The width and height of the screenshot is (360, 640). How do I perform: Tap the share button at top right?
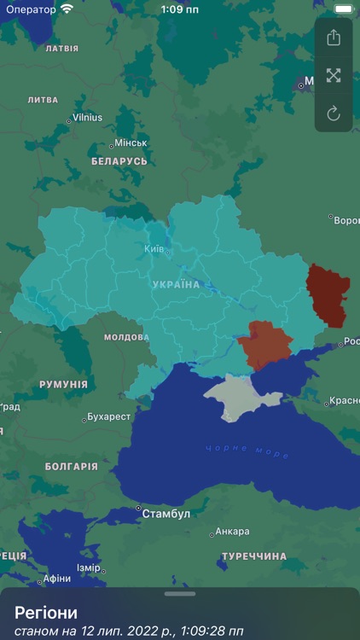point(334,38)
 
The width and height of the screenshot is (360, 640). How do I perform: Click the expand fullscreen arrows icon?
point(334,75)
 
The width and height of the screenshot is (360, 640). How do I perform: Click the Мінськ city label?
point(131,143)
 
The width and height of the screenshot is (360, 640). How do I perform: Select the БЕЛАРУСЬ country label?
point(119,161)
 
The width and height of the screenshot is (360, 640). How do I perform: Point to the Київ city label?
point(154,248)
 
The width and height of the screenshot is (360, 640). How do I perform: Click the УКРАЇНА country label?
point(176,284)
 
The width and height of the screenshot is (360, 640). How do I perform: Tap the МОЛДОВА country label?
point(126,337)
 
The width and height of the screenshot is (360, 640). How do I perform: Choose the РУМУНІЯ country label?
point(63,385)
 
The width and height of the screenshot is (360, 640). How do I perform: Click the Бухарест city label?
point(108,417)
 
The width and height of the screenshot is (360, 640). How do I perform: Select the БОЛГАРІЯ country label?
point(71,467)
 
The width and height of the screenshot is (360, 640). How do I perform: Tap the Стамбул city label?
point(165,514)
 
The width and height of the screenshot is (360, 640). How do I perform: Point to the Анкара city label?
point(231,532)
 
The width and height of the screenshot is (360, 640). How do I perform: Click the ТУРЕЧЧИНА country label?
point(254,556)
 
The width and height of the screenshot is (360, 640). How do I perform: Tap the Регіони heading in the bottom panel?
point(46,612)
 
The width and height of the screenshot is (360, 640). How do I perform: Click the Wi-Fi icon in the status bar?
point(67,9)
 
